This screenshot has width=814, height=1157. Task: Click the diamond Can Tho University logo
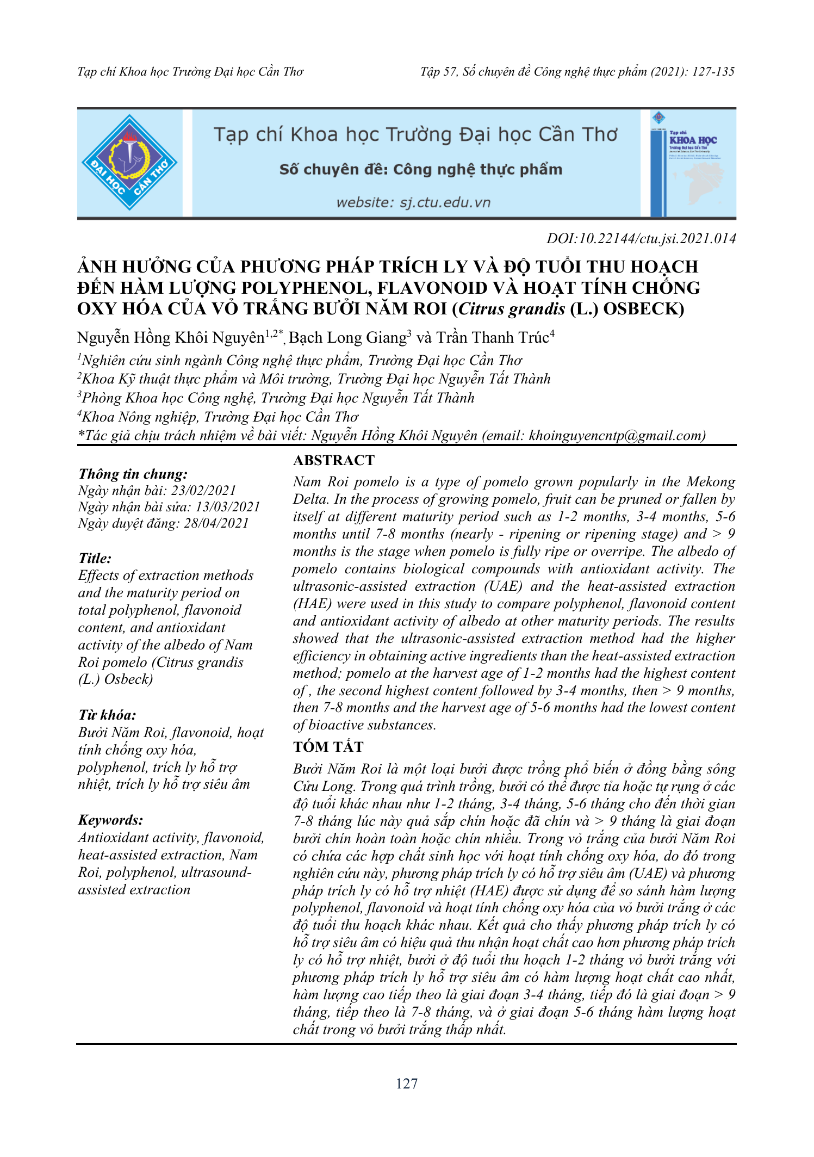(x=129, y=163)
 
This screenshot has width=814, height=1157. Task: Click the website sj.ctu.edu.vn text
(x=413, y=203)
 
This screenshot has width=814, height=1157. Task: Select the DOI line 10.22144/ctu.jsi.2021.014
(x=641, y=238)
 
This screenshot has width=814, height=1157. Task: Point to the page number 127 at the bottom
(x=407, y=1084)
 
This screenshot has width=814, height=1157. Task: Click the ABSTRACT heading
(x=334, y=460)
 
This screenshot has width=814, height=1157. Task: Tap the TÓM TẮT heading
(x=328, y=747)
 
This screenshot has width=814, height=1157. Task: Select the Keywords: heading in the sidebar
(x=110, y=820)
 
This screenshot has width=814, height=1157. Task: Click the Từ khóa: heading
(x=107, y=715)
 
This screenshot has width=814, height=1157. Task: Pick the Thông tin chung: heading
(x=133, y=474)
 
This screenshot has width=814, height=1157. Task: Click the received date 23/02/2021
(x=204, y=491)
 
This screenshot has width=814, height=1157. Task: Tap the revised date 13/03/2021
(x=228, y=507)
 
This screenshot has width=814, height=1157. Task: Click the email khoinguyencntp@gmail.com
(x=615, y=436)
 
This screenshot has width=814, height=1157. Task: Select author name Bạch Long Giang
(x=347, y=338)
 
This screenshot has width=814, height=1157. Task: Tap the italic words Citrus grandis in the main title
(x=512, y=309)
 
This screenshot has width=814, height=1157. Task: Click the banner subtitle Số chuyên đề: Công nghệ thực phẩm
(x=420, y=170)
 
